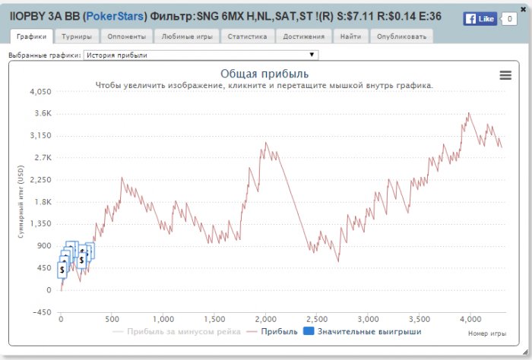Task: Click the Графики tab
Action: tap(31, 36)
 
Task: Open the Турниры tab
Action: tap(77, 36)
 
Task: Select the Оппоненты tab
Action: tap(126, 36)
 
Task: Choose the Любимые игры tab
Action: tap(187, 36)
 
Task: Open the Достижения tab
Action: tap(303, 36)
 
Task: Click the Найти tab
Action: tap(351, 36)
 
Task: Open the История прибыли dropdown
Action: tap(201, 55)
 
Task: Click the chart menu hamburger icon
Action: tap(505, 74)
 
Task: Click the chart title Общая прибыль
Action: tap(264, 74)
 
